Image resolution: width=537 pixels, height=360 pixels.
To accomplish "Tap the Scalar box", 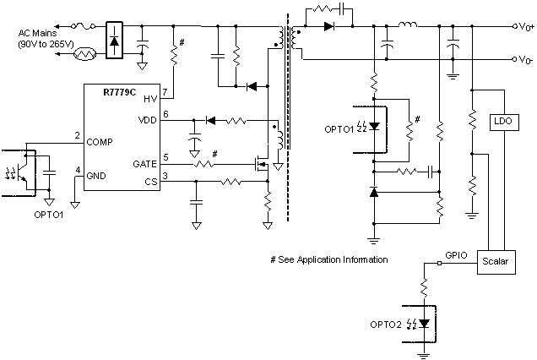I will click(495, 262).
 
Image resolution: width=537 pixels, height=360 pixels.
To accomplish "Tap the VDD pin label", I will click(148, 121).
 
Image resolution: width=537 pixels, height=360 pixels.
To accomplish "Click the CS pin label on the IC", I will click(149, 181).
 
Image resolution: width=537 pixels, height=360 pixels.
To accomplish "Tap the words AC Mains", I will click(39, 32).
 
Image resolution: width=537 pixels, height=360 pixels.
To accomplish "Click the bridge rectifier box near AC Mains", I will click(115, 41).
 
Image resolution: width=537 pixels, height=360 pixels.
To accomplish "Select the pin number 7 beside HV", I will click(165, 91).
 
